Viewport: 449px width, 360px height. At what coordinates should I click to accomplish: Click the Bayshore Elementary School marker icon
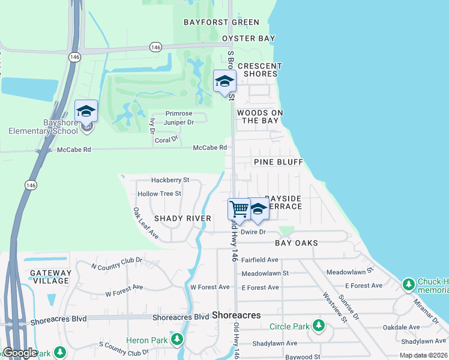86,112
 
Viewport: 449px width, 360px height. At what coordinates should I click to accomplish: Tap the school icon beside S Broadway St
225,82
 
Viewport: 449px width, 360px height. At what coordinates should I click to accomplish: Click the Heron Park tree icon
176,340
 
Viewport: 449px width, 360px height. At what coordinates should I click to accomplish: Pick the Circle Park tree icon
318,326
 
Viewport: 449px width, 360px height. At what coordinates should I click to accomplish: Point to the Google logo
19,353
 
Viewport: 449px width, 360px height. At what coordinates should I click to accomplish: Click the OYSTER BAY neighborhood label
249,38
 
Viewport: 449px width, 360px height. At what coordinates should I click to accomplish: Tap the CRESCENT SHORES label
260,70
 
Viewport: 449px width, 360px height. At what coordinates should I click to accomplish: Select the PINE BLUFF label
278,162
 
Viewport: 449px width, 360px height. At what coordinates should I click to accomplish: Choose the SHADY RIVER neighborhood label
182,218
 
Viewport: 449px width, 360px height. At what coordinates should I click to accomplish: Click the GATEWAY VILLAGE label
50,277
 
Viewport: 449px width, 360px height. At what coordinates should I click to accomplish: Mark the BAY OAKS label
296,243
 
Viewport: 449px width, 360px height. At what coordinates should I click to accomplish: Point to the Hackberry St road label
170,179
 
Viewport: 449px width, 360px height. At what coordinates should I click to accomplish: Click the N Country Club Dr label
116,263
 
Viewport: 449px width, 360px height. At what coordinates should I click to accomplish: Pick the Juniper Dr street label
174,122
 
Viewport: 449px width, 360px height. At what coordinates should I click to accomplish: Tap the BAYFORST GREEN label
221,22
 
